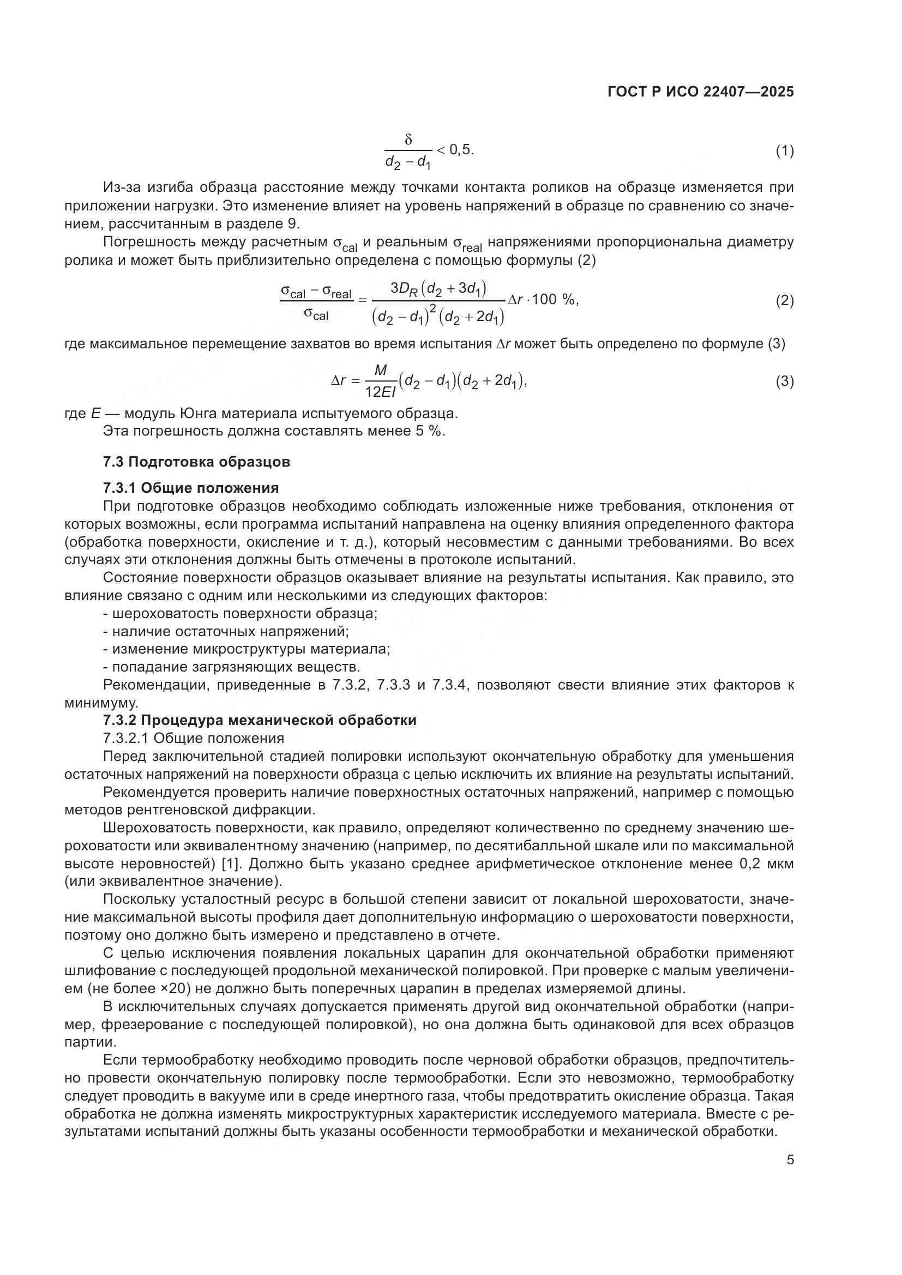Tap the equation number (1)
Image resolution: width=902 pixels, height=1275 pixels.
(784, 150)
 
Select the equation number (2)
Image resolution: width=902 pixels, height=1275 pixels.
(784, 300)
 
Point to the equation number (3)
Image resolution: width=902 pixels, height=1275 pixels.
(784, 382)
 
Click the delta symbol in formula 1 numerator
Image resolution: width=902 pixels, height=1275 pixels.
(408, 140)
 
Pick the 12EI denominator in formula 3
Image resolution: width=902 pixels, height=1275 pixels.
(380, 392)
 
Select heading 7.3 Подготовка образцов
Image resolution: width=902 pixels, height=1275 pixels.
(197, 462)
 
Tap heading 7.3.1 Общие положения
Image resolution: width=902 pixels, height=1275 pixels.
(190, 487)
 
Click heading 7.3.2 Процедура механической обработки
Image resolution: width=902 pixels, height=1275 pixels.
(260, 720)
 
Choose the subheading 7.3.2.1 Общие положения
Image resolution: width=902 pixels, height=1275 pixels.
(193, 739)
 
